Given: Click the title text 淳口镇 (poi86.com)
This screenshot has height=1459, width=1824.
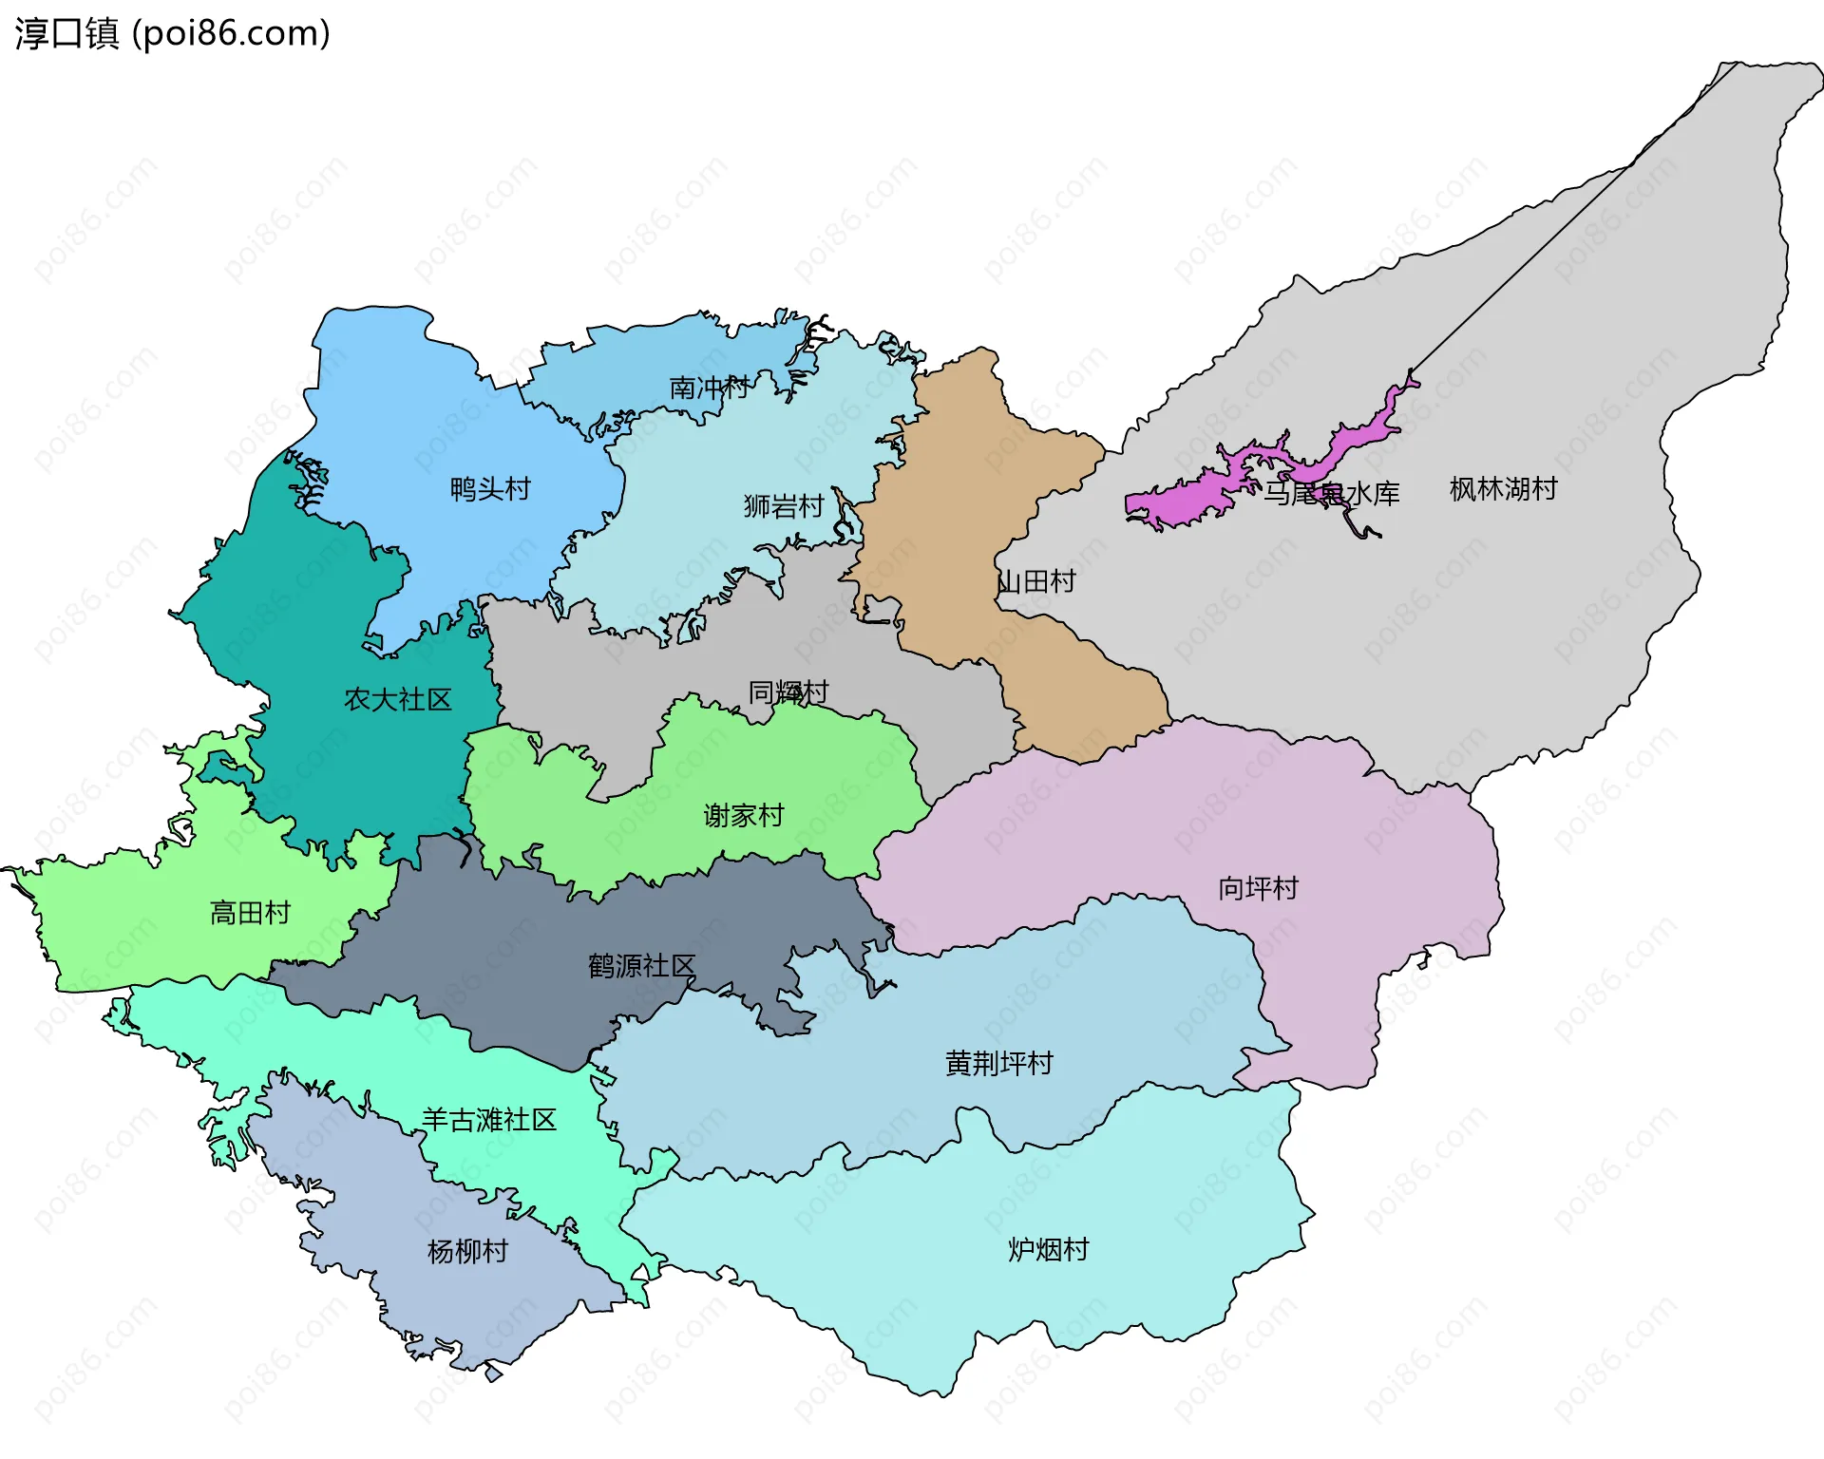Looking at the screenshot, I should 172,33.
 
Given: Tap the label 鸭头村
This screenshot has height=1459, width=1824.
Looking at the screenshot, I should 490,489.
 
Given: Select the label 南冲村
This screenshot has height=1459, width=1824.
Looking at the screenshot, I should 709,388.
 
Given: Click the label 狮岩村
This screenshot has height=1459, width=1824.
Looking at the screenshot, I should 783,506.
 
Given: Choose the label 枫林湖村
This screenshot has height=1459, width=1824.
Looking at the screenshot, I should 1503,489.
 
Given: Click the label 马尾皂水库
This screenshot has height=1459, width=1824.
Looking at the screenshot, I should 1331,494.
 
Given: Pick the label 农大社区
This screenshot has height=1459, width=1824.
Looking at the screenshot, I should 397,700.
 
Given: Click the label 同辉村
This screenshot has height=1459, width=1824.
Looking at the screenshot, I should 788,692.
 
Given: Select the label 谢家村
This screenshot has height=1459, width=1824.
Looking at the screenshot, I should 743,815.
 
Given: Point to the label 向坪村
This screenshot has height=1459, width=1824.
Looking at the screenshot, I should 1258,888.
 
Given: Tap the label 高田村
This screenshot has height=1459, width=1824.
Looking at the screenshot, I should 250,913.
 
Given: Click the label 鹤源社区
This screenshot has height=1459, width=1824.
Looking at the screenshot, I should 641,966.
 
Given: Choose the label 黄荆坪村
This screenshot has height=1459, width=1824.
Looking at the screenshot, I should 999,1063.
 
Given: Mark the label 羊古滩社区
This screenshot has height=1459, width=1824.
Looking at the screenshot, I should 488,1120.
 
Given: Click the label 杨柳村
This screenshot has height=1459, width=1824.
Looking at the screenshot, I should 467,1251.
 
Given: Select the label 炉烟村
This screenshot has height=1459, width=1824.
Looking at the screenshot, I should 1048,1249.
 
